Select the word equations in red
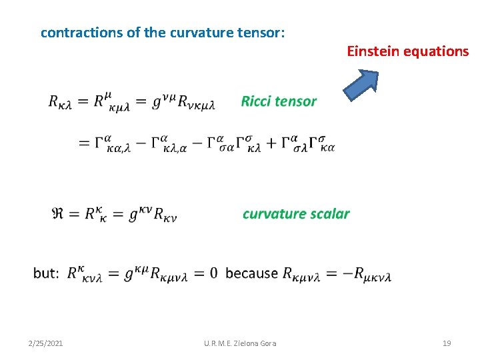click(x=435, y=51)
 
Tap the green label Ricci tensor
click(x=279, y=101)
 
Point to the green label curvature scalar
click(x=296, y=214)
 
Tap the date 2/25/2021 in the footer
click(x=46, y=343)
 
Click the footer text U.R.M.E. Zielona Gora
click(x=240, y=343)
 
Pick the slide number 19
click(x=447, y=343)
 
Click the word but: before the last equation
click(x=46, y=273)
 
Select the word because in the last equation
click(x=251, y=273)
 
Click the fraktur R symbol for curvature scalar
click(x=58, y=214)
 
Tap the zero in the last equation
click(x=213, y=273)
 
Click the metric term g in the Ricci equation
click(x=158, y=103)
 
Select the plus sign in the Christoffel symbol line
click(x=270, y=144)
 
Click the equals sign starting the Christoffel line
click(x=84, y=144)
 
